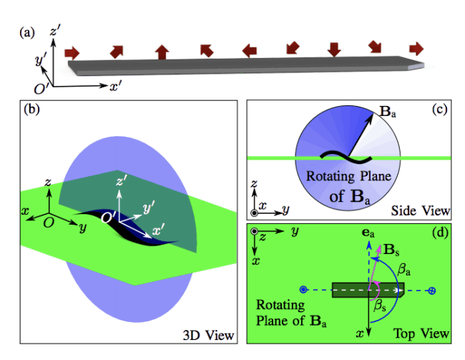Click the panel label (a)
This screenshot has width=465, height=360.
click(x=27, y=31)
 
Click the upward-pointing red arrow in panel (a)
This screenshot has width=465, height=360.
click(x=162, y=52)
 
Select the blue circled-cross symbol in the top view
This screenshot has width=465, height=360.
click(x=431, y=291)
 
